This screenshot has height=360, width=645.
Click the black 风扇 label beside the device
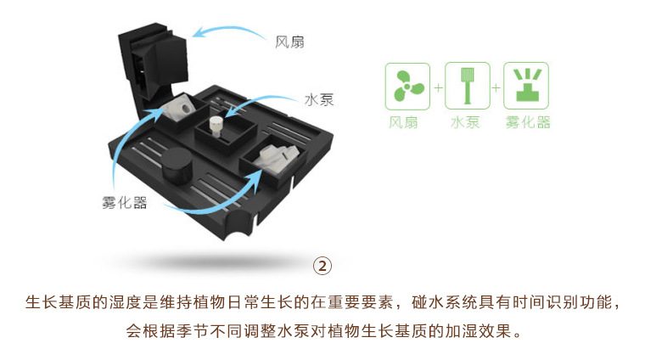coord(289,42)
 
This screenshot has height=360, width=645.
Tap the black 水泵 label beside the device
coord(319,99)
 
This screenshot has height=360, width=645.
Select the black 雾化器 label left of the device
coord(125,202)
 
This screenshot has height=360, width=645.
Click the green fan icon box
coord(407,87)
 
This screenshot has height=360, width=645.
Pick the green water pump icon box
coord(468,86)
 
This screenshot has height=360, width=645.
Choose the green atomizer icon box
coord(526,86)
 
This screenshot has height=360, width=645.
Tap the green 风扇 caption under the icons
coord(403,122)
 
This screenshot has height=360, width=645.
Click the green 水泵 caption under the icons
coord(465,122)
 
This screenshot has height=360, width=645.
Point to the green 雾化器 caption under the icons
coord(528,122)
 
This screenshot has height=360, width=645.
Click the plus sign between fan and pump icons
coord(438,87)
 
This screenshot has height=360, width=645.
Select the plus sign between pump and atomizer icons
coord(496,87)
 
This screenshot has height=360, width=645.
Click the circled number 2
coord(322,266)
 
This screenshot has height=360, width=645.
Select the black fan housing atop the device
coord(154,59)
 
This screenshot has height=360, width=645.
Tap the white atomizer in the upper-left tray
coord(180,107)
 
